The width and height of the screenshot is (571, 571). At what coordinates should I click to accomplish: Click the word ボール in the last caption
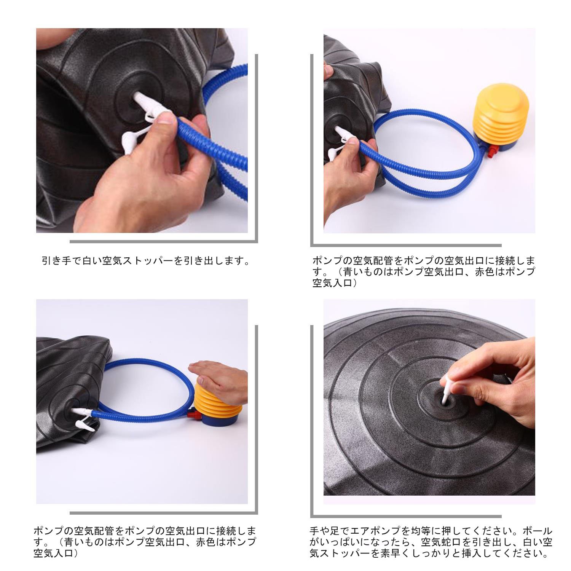[x=537, y=531]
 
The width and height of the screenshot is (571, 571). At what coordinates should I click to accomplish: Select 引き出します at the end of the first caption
[x=212, y=261]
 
